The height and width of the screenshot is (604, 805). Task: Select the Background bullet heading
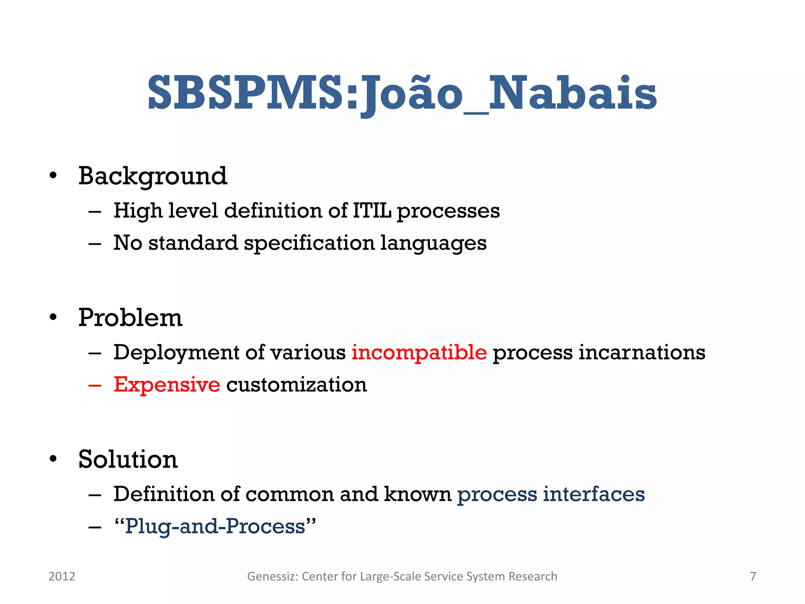[153, 176]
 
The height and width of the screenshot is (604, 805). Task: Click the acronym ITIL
[372, 210]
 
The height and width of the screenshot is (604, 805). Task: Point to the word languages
[433, 243]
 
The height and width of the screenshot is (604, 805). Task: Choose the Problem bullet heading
[130, 317]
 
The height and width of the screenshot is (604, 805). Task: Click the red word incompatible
[419, 352]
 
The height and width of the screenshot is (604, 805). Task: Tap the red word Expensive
[167, 384]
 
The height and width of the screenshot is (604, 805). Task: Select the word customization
[296, 384]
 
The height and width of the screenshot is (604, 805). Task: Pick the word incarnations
[642, 352]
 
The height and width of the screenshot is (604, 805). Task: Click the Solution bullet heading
[128, 459]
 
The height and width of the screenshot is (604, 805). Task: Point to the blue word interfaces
[594, 494]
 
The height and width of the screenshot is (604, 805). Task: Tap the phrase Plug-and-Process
[215, 526]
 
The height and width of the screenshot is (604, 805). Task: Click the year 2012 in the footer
[62, 576]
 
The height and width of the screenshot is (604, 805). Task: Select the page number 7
[753, 576]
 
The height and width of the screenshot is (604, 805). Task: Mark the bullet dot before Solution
[53, 459]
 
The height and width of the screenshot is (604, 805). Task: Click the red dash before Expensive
[95, 385]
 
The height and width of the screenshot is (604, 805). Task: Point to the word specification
[309, 243]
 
